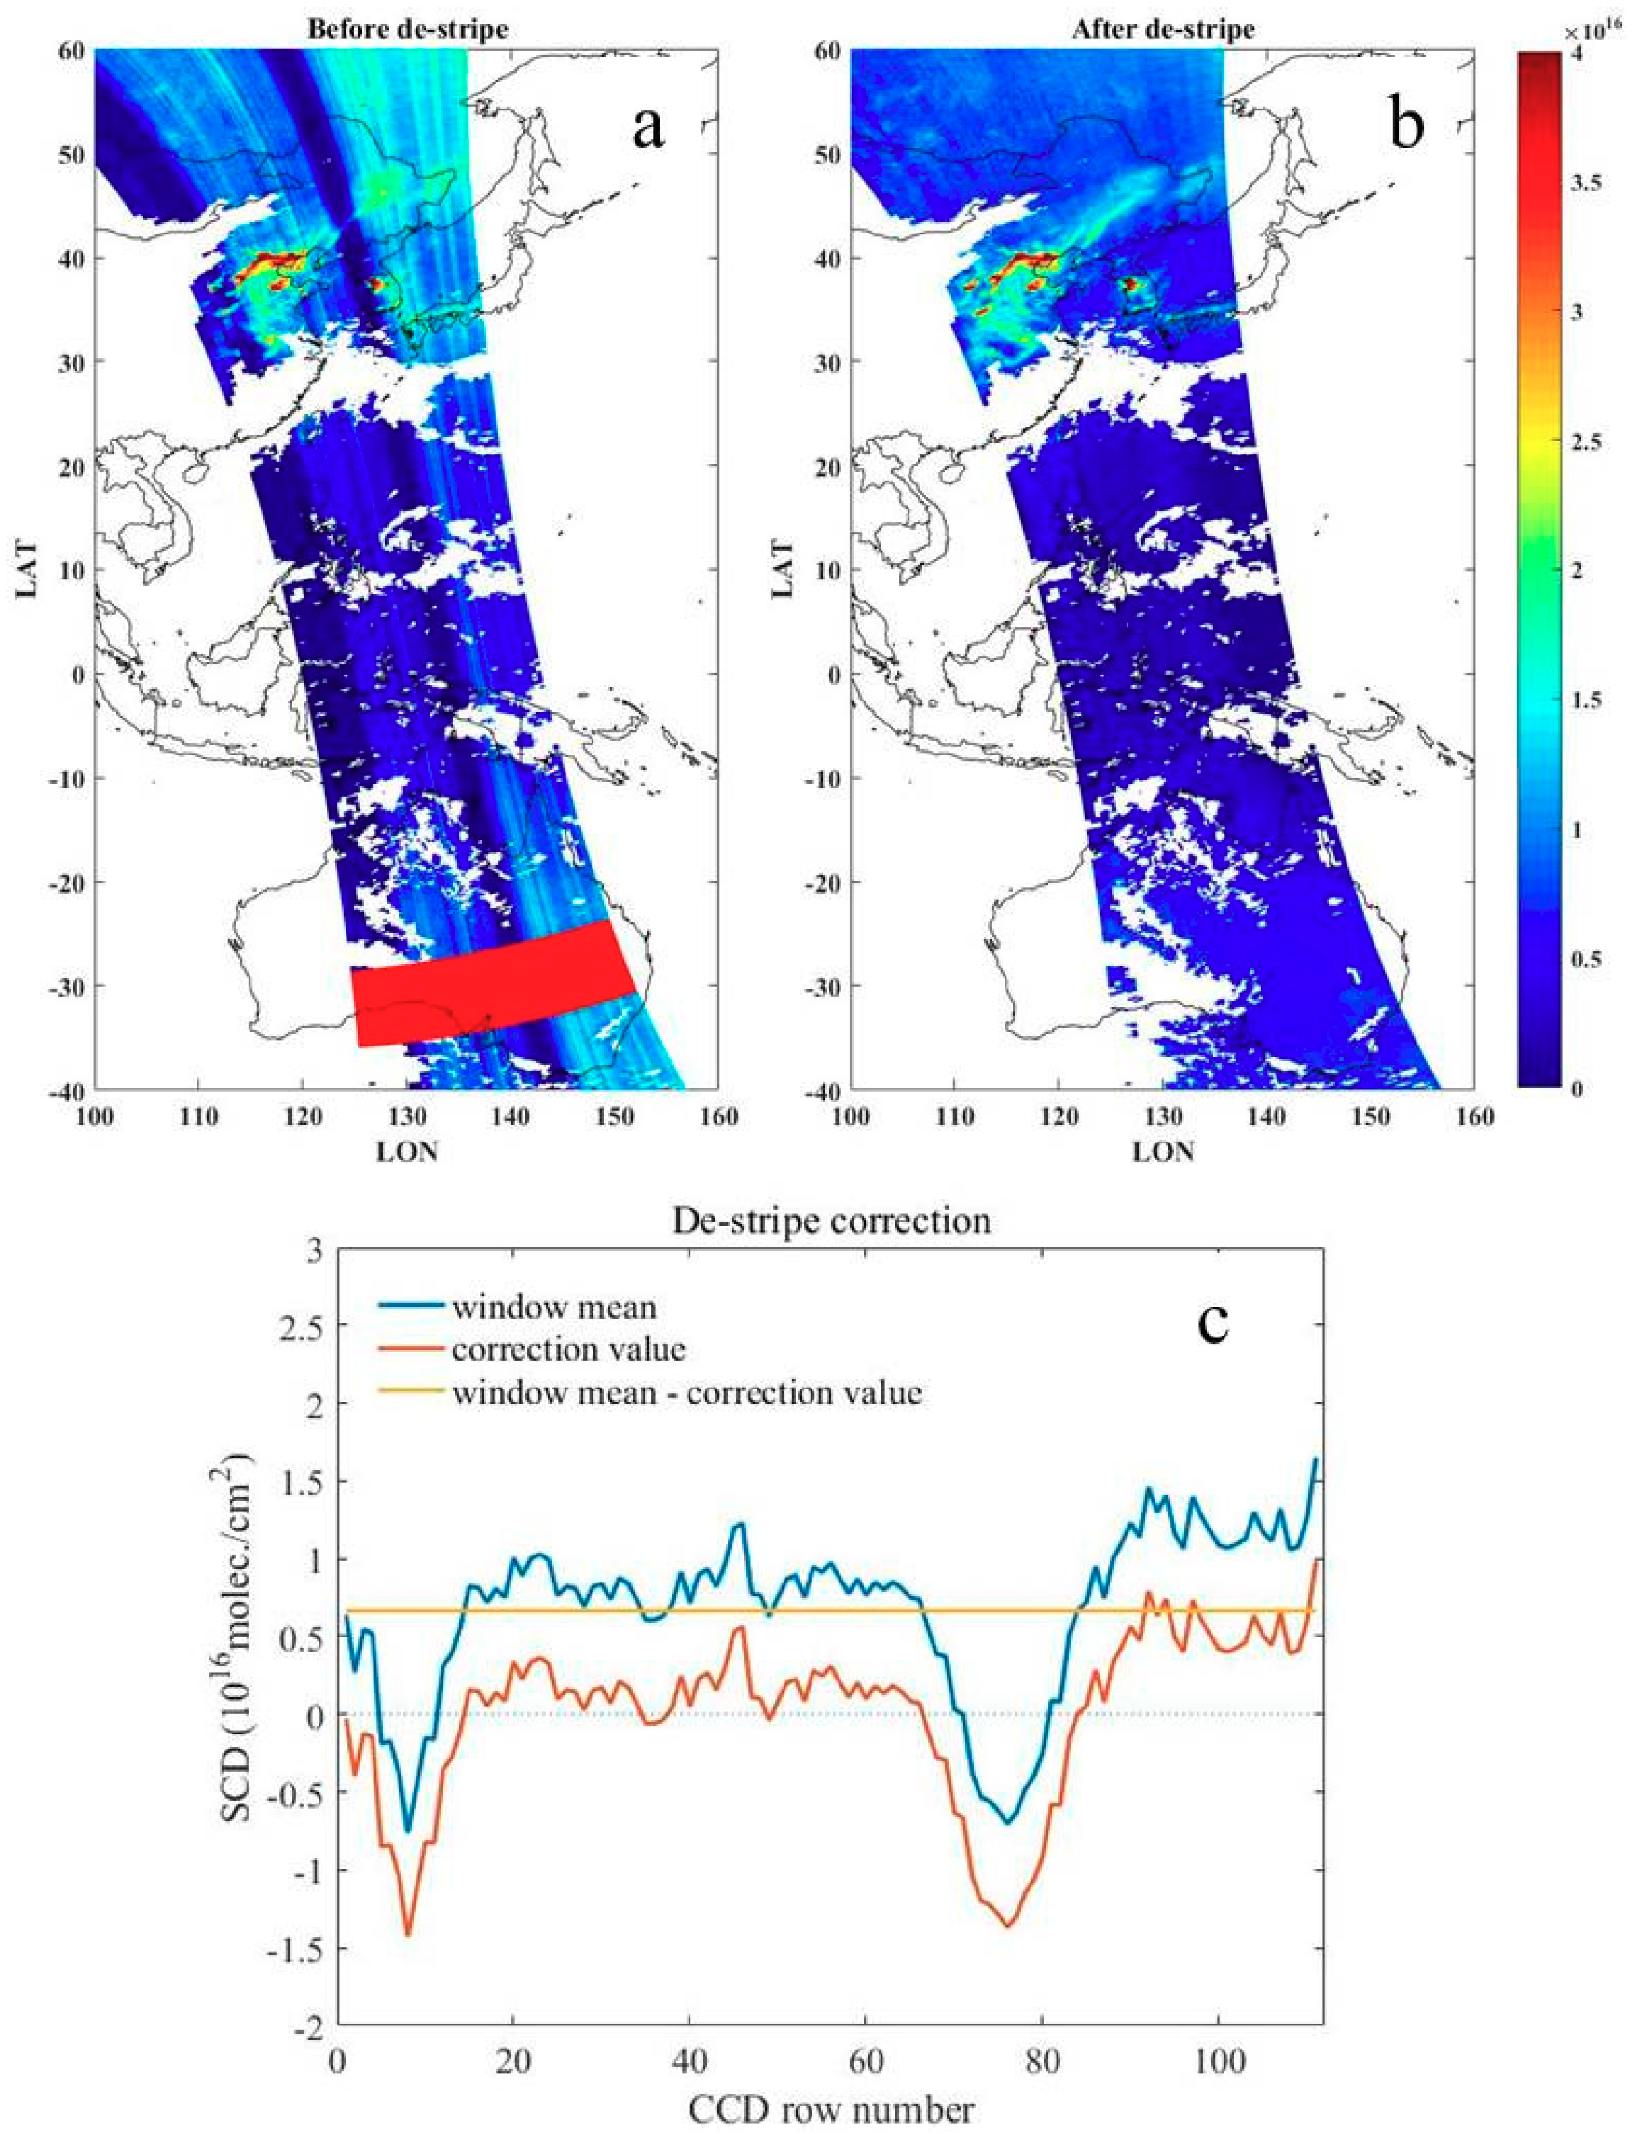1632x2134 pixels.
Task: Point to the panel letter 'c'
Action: (1213, 1322)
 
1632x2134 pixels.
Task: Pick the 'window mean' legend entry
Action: (554, 1307)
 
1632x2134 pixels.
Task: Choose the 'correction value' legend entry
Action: (568, 1349)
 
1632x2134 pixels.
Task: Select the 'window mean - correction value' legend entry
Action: (686, 1392)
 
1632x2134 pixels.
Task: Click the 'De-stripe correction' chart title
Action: (832, 1220)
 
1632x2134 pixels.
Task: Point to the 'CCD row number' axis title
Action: (832, 2103)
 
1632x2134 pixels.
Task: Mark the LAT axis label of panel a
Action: (26, 569)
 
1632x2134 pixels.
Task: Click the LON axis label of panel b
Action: (1163, 1151)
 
